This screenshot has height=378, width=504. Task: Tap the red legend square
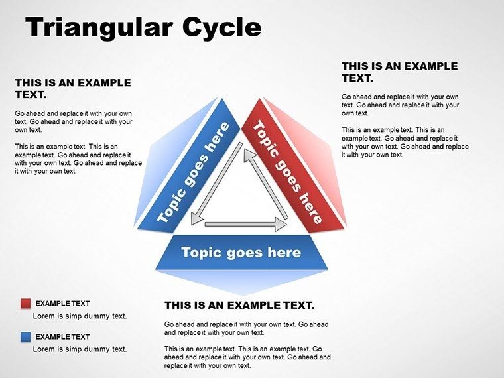[x=26, y=304]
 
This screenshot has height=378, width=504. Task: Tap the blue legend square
[x=26, y=337]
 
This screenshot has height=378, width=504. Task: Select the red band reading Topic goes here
[x=288, y=171]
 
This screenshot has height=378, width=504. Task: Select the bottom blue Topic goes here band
[x=241, y=253]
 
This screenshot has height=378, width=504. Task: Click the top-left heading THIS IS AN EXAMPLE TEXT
[x=73, y=89]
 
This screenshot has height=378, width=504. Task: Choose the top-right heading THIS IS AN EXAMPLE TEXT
[x=399, y=72]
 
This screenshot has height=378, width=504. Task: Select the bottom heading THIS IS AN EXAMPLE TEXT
[x=239, y=306]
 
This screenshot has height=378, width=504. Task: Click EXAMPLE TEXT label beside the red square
[x=62, y=304]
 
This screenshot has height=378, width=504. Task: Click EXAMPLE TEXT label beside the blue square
[x=62, y=337]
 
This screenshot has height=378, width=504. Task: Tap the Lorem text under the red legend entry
[x=80, y=316]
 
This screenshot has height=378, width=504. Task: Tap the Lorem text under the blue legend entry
[x=80, y=349]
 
